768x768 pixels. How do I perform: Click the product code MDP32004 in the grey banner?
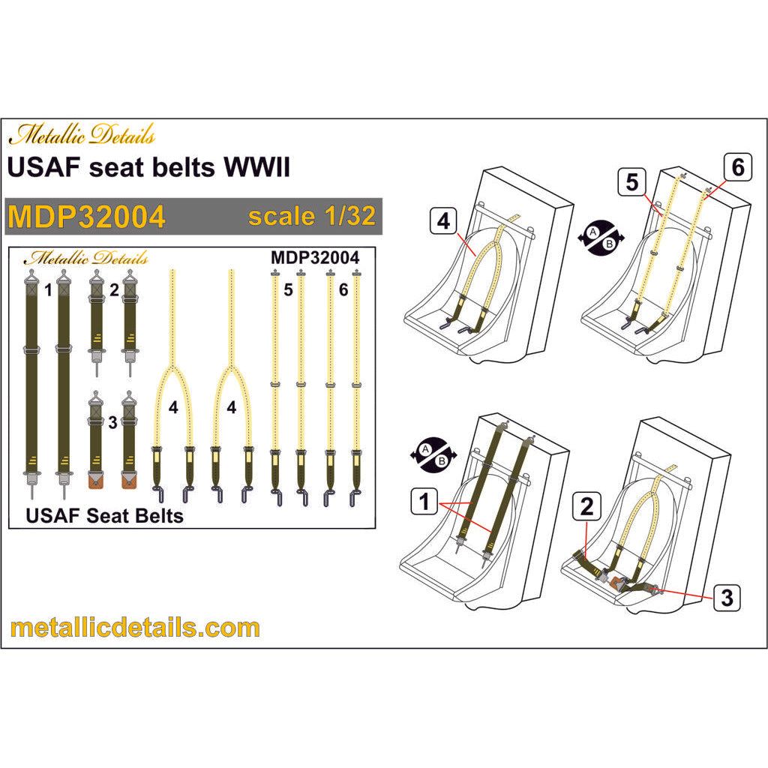tap(87, 217)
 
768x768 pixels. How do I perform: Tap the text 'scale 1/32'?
tap(312, 216)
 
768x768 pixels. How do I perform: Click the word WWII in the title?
tap(257, 167)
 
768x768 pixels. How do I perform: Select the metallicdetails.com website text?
tap(135, 628)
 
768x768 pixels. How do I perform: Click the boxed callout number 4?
tap(443, 221)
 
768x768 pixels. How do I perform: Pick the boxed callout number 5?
tap(631, 182)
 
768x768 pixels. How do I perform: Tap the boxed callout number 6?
tap(738, 167)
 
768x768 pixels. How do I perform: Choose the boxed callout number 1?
tap(424, 502)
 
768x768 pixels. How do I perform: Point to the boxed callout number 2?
tap(586, 506)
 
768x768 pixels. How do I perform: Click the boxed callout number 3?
tap(727, 598)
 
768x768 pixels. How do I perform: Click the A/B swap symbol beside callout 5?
tap(601, 238)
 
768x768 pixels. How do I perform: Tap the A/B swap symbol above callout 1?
tap(433, 455)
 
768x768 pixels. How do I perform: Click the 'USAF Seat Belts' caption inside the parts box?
tap(104, 516)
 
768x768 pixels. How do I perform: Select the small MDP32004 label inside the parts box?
tap(315, 258)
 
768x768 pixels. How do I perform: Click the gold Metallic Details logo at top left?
tap(82, 133)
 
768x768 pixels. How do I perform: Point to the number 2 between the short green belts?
tap(114, 290)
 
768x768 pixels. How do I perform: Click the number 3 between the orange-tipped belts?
tap(112, 422)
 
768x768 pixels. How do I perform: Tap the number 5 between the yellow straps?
tap(288, 289)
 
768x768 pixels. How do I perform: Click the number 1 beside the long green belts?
tap(48, 290)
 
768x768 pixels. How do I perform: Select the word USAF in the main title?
tap(43, 167)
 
